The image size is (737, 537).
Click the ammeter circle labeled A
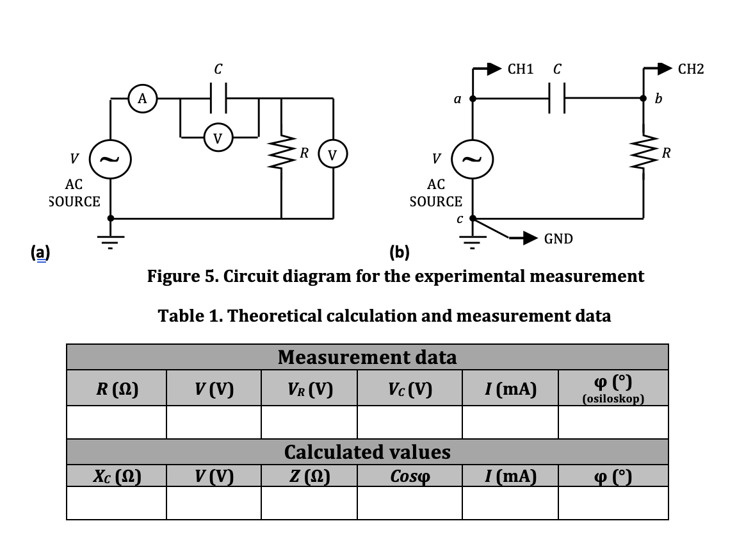[x=143, y=99]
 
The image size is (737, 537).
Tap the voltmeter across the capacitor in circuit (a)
[x=218, y=136]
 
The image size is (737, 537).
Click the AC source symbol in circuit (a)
[x=111, y=158]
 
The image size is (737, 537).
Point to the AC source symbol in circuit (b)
[x=473, y=158]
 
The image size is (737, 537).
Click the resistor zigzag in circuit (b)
[x=644, y=153]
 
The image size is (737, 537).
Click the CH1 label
[x=520, y=69]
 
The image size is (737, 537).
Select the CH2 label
[x=690, y=69]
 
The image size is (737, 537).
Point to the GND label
[x=558, y=239]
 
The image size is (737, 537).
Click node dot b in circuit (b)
[x=644, y=99]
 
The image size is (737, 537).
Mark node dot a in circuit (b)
[x=473, y=99]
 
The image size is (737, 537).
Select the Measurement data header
[x=367, y=357]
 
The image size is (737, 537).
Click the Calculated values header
[x=367, y=452]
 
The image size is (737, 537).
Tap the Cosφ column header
[x=409, y=476]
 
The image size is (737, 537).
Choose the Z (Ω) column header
[x=309, y=476]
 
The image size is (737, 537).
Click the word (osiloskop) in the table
[x=613, y=399]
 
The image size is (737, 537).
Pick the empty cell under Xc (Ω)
[x=116, y=502]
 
